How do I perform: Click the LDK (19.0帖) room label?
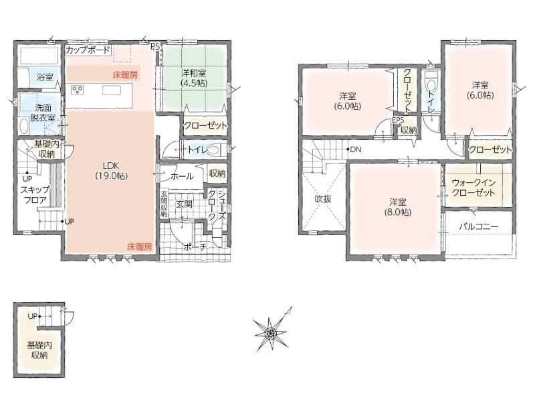(x=111, y=171)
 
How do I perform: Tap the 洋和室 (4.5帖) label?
(x=194, y=78)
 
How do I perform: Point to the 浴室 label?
(x=45, y=77)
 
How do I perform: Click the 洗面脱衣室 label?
(x=43, y=113)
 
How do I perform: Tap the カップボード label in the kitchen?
(x=88, y=50)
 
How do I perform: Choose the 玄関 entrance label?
(x=185, y=204)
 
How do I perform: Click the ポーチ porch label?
(x=195, y=247)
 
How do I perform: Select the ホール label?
(x=182, y=176)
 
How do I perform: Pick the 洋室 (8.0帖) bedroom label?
(x=397, y=207)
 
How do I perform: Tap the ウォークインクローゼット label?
(x=473, y=188)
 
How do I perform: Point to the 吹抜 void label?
(x=323, y=199)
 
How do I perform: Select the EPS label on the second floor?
(x=398, y=120)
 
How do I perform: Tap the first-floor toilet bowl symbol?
(x=215, y=149)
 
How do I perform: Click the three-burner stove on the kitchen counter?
(x=77, y=90)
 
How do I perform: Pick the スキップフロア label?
(x=35, y=195)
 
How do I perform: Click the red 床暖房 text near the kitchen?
(x=126, y=74)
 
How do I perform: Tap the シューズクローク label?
(x=216, y=204)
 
